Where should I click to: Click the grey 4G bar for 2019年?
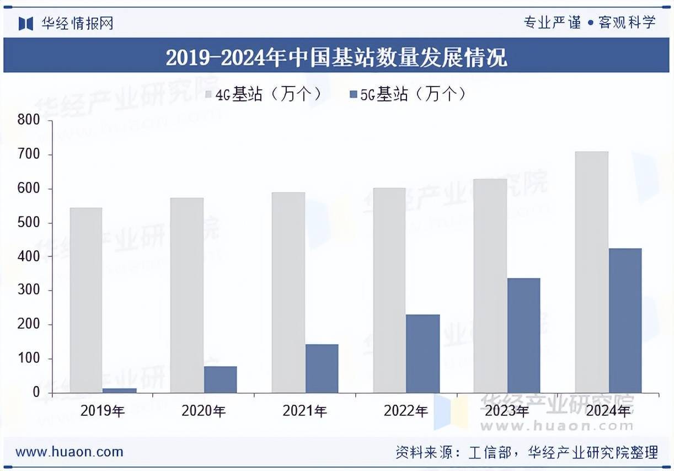pyautogui.click(x=86, y=300)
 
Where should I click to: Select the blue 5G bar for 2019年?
pyautogui.click(x=120, y=390)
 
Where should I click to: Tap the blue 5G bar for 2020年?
pyautogui.click(x=221, y=379)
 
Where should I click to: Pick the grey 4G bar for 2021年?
pyautogui.click(x=288, y=292)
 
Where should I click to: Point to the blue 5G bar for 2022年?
pyautogui.click(x=423, y=354)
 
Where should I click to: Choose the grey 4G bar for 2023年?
pyautogui.click(x=490, y=286)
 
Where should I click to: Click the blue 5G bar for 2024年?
pyautogui.click(x=625, y=320)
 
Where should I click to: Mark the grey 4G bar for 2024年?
pyautogui.click(x=591, y=272)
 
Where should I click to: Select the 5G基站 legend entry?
pyautogui.click(x=408, y=94)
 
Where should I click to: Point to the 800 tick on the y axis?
pyautogui.click(x=29, y=120)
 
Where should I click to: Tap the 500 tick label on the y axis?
pyautogui.click(x=29, y=222)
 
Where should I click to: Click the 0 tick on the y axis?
pyautogui.click(x=36, y=393)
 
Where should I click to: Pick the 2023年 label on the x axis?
pyautogui.click(x=507, y=411)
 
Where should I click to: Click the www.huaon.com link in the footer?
pyautogui.click(x=69, y=452)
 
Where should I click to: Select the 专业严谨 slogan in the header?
pyautogui.click(x=552, y=23)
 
